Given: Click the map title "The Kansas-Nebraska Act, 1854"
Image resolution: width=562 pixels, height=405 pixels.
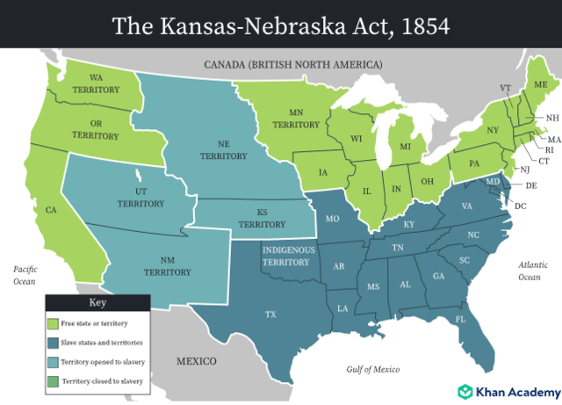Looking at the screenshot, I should click(x=281, y=25).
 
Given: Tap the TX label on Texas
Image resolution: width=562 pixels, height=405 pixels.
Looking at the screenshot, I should click(x=271, y=314).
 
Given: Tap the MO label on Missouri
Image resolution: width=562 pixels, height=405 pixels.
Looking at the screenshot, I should click(x=333, y=219).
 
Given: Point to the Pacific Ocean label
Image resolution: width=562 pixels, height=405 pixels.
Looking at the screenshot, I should click(x=24, y=275).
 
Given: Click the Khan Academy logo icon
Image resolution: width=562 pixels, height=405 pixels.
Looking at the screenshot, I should click(x=465, y=391).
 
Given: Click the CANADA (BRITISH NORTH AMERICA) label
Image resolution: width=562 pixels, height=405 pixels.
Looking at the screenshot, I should click(x=292, y=65).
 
